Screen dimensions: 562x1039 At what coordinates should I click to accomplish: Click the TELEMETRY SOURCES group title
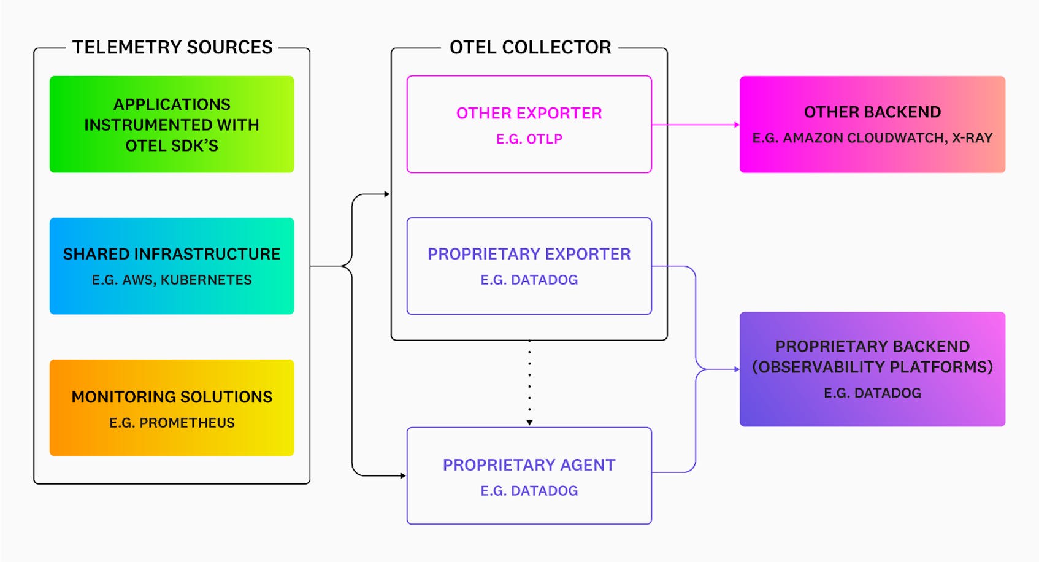pos(172,47)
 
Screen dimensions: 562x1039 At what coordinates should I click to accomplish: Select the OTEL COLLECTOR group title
pos(530,47)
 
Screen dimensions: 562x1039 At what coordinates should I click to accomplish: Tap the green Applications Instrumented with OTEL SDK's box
pos(172,125)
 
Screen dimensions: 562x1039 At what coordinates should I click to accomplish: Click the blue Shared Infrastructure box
pos(172,266)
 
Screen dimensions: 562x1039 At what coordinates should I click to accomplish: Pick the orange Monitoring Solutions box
pos(172,408)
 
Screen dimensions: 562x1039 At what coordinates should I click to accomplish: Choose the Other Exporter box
pos(529,125)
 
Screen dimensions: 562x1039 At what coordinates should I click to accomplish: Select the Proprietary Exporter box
pos(529,266)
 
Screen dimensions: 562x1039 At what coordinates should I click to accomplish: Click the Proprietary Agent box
pos(529,475)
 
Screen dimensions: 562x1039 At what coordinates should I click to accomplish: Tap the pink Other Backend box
pos(872,125)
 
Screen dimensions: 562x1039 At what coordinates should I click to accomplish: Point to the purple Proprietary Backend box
pos(872,369)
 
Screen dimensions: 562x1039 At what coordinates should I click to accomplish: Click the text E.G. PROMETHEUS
pos(172,423)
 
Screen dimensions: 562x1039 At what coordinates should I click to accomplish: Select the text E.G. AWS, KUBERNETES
pos(172,280)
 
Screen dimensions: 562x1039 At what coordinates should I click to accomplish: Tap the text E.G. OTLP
pos(529,139)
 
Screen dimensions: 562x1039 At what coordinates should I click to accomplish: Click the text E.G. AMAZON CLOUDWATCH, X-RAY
pos(872,138)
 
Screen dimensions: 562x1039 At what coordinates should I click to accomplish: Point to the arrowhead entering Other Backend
pos(737,125)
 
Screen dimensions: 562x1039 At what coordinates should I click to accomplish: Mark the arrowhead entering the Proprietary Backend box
pos(737,369)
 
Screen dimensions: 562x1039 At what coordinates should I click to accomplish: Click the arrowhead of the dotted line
pos(529,422)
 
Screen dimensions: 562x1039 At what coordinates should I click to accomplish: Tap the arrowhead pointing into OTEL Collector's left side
pos(387,194)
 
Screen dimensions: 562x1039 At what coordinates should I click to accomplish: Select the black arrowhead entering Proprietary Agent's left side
pos(403,475)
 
